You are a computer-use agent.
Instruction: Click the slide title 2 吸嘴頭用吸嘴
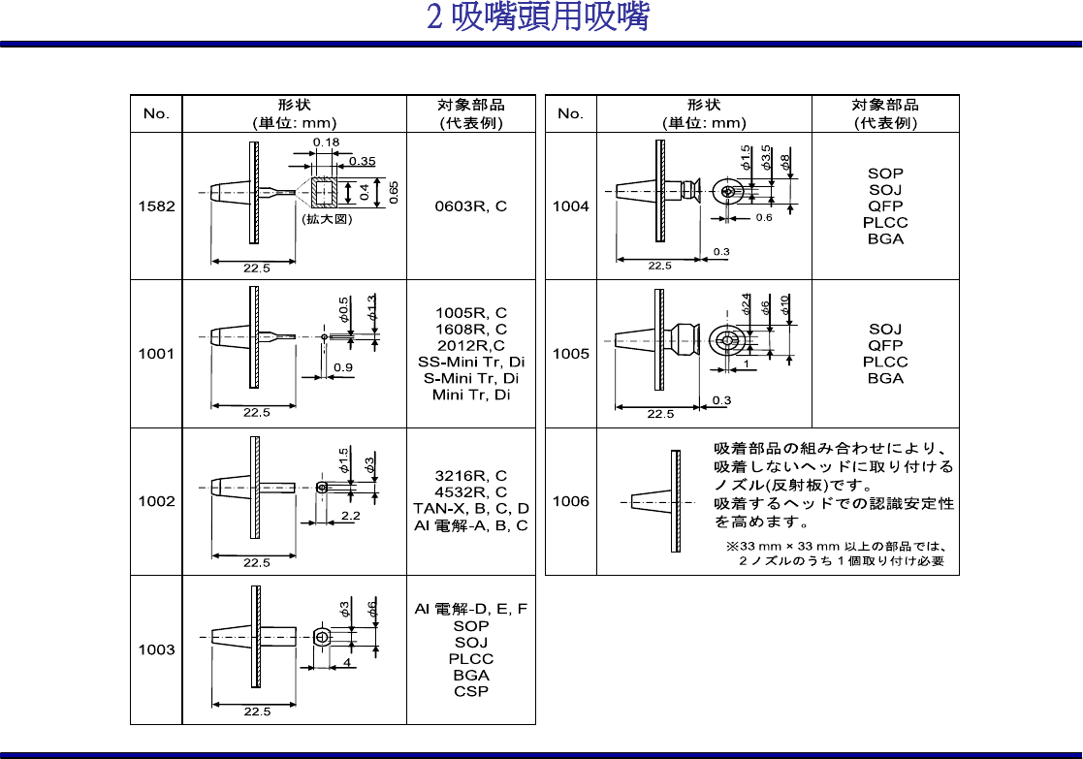click(x=538, y=17)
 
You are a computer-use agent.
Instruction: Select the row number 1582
click(x=156, y=206)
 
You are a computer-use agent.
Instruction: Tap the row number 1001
click(x=156, y=354)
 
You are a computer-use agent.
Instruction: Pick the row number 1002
click(x=156, y=501)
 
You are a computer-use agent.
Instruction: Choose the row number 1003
click(x=156, y=649)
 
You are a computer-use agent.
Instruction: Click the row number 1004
click(x=570, y=206)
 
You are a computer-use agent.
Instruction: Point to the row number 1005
click(x=570, y=354)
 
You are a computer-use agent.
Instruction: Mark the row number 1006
click(x=570, y=501)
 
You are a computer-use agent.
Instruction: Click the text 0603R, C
click(x=470, y=206)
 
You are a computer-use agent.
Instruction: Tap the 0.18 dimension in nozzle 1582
click(x=326, y=143)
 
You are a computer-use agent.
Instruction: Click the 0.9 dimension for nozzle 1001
click(x=342, y=367)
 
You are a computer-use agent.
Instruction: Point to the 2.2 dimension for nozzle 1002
click(x=350, y=516)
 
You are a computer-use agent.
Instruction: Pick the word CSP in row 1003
click(x=470, y=692)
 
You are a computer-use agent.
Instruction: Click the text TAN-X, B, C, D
click(x=470, y=509)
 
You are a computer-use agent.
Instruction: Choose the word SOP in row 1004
click(x=885, y=174)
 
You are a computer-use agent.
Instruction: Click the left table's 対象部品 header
click(x=470, y=105)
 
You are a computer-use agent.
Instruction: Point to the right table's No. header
click(x=570, y=113)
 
